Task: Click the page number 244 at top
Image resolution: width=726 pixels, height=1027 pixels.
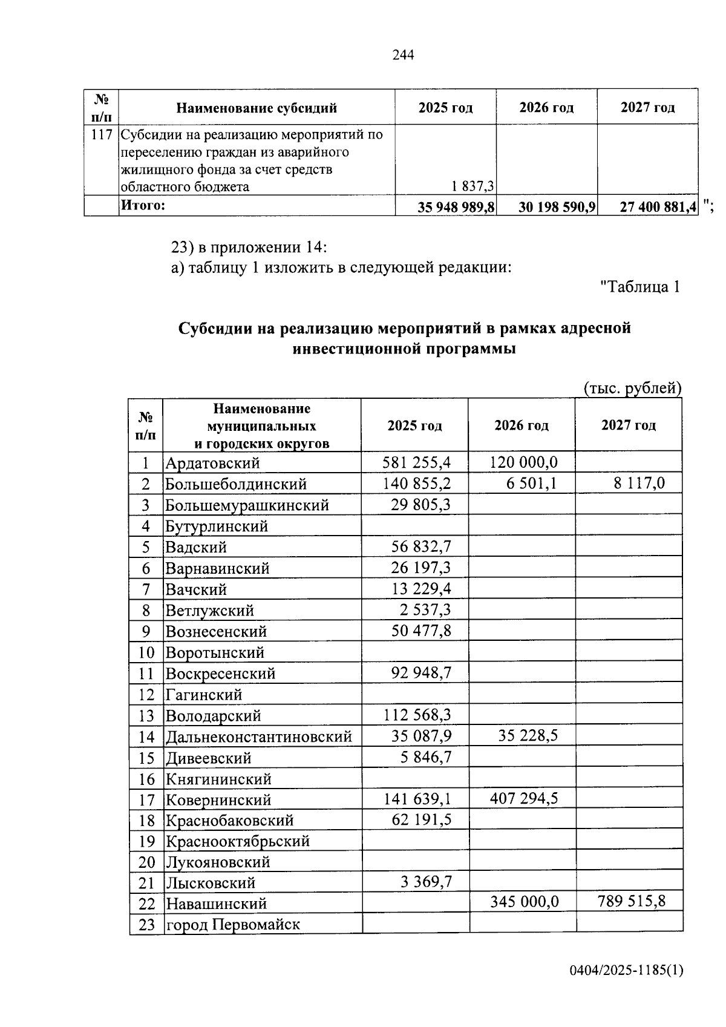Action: pyautogui.click(x=403, y=55)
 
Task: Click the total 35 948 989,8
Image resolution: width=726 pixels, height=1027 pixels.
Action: pyautogui.click(x=456, y=208)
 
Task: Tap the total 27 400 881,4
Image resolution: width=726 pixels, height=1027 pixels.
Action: pyautogui.click(x=658, y=208)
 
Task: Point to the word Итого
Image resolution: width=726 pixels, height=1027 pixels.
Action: pyautogui.click(x=143, y=206)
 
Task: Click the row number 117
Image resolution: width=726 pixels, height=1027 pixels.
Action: pyautogui.click(x=101, y=134)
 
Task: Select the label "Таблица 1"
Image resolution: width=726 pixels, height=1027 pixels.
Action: pyautogui.click(x=639, y=287)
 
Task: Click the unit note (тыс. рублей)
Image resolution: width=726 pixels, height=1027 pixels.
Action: pyautogui.click(x=632, y=388)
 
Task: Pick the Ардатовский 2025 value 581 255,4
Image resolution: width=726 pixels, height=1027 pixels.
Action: pyautogui.click(x=417, y=463)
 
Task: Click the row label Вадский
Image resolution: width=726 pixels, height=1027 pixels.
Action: pyautogui.click(x=196, y=548)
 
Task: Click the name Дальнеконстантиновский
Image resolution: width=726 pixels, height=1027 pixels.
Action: pyautogui.click(x=259, y=737)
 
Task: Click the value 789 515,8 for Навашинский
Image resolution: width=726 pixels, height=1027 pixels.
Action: pyautogui.click(x=631, y=901)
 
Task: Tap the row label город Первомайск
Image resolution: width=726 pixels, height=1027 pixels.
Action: pyautogui.click(x=233, y=925)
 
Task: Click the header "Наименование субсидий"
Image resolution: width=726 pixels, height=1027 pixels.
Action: pyautogui.click(x=257, y=108)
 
